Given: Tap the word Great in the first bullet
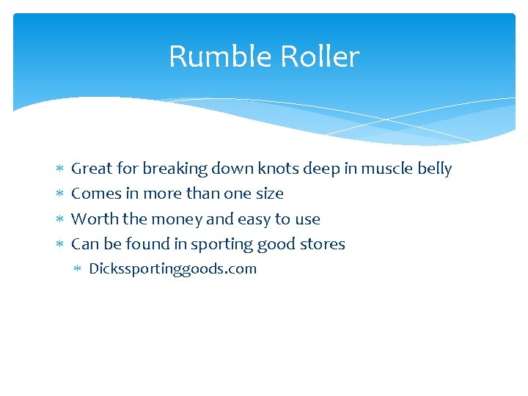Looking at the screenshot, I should coord(92,169).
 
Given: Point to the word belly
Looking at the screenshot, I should coord(434,169).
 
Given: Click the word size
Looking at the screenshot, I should coord(269,194).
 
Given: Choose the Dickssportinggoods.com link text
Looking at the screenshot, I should coord(172,268).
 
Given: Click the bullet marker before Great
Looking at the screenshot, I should coord(59,169).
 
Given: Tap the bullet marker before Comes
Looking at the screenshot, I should coord(59,194).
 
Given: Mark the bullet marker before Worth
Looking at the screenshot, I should coord(59,219).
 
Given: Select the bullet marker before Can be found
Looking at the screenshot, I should coord(59,244).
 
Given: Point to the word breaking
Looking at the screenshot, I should coord(175,169).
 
